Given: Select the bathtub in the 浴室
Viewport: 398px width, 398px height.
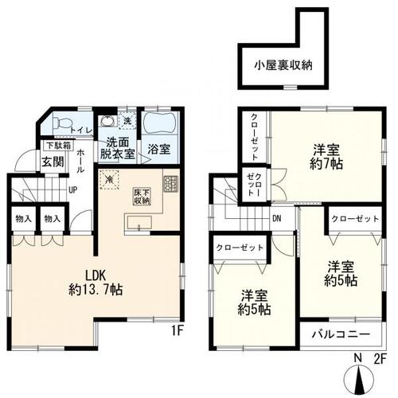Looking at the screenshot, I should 161,125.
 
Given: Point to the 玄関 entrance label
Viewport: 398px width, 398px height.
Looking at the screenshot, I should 53,162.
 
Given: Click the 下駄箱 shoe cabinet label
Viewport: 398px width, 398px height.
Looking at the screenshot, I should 57,146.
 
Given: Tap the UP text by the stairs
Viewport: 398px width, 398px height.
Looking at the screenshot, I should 72,189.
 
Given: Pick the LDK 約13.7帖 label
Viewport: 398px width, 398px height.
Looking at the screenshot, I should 90,278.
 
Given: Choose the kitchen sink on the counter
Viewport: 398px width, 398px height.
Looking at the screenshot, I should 140,227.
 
